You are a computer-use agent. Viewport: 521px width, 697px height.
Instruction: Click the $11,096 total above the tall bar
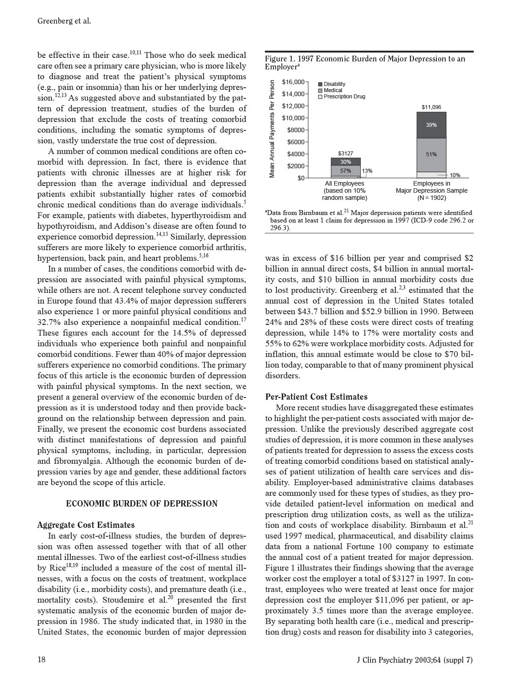pos(431,107)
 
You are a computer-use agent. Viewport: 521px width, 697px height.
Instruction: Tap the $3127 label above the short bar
pos(346,154)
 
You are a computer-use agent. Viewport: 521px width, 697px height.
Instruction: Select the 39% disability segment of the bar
pos(431,125)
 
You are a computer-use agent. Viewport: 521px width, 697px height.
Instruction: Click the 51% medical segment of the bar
pos(431,154)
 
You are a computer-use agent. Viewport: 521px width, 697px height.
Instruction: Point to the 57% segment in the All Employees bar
pos(346,171)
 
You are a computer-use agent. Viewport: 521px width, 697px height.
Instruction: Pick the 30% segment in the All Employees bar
pos(346,162)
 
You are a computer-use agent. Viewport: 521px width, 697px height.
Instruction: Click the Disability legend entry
pos(334,84)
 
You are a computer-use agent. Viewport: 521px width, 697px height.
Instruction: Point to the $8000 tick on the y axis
pos(296,130)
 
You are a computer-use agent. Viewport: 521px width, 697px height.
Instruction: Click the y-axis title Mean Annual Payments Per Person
pos(272,129)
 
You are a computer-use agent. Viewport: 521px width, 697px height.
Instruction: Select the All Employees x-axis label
pos(344,183)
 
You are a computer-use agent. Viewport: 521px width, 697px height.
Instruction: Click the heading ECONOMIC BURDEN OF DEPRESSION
pos(142,504)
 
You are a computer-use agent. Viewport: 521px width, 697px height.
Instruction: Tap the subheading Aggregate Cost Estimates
pos(86,525)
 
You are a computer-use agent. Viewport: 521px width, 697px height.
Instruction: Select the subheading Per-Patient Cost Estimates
pos(316,397)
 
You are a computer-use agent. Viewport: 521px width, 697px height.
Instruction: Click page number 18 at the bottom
pos(41,660)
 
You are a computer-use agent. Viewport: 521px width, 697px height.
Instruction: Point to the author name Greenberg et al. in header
pos(64,21)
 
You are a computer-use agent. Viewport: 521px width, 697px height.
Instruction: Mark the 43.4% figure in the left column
pos(161,301)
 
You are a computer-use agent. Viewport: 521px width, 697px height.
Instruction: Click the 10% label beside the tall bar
pos(455,175)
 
